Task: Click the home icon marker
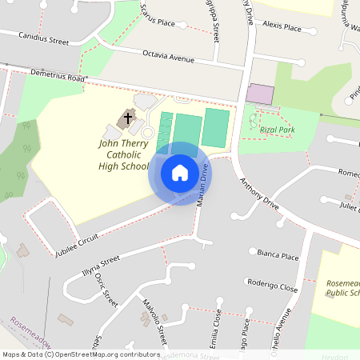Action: [180, 173]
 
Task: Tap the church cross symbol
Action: [126, 119]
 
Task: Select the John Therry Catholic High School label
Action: [124, 154]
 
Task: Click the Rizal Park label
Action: [279, 129]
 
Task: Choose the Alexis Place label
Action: [282, 26]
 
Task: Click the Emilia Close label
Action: [217, 328]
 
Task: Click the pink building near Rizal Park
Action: [259, 94]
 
